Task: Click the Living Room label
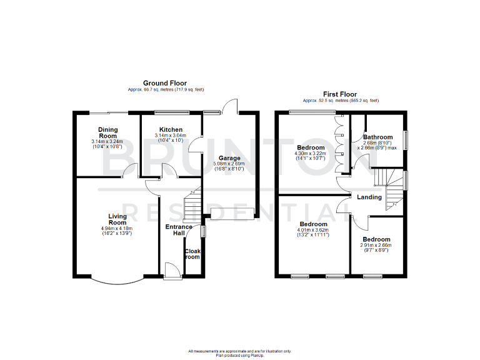(x=117, y=219)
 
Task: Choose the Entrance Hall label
(x=179, y=229)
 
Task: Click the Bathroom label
(x=378, y=137)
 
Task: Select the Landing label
(x=369, y=197)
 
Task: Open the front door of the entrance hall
(x=169, y=268)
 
